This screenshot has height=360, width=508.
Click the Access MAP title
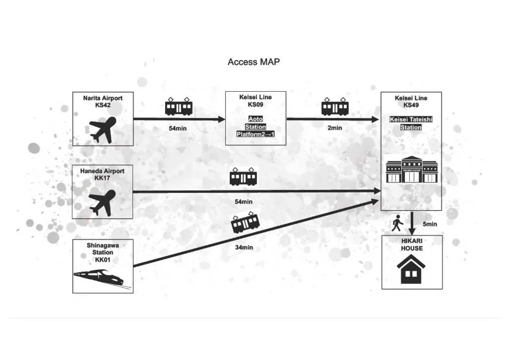point(254,62)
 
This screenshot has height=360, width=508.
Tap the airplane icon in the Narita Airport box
point(103,129)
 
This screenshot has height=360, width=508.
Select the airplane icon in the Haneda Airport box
point(103,202)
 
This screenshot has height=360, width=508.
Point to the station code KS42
point(103,105)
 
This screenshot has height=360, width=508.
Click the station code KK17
point(103,178)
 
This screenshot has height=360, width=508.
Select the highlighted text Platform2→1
point(255,135)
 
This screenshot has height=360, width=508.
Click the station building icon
point(412,170)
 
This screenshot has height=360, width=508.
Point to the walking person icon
point(397,224)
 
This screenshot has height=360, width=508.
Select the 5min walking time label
point(430,224)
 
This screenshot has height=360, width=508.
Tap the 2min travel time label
point(334,128)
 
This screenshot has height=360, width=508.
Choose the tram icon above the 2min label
point(335,107)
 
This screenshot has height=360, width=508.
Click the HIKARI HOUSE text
point(412,244)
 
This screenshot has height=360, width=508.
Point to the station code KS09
point(255,105)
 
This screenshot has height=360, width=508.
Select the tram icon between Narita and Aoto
point(179,107)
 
